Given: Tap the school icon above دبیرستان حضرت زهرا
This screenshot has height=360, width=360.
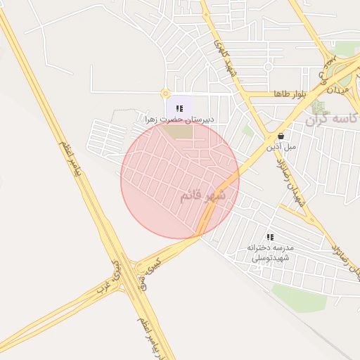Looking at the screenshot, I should point(179,108).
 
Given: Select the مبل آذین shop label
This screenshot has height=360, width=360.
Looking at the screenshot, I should point(281,147).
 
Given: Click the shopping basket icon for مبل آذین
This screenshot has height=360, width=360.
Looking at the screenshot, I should point(281,136).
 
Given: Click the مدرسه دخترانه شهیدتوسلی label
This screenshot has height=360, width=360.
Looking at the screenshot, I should point(270,253).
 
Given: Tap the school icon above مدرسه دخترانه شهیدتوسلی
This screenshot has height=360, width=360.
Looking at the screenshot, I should point(270,238).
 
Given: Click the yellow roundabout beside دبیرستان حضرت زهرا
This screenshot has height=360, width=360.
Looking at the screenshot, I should point(165,94).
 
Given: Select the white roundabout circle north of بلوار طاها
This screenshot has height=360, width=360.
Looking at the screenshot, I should point(268,67).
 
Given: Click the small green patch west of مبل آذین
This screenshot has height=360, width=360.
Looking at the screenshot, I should point(247,131).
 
